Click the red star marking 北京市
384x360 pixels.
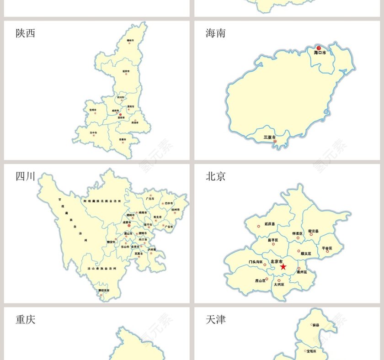click(283, 266)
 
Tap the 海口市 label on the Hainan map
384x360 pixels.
click(320, 53)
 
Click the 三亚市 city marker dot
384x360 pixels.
click(275, 141)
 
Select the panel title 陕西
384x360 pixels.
click(25, 33)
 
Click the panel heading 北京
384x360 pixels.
click(215, 177)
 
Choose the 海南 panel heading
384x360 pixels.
click(215, 33)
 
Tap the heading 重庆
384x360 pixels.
click(25, 320)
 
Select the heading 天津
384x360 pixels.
click(215, 320)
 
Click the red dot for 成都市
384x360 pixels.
click(129, 226)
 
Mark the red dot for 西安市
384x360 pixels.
click(121, 115)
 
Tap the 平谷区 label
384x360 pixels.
click(327, 248)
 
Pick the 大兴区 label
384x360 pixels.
click(279, 284)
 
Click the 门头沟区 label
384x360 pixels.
click(256, 262)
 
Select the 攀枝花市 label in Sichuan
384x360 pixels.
click(104, 290)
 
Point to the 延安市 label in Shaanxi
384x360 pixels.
click(126, 71)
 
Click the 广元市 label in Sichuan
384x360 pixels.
click(149, 199)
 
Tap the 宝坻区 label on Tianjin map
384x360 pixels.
click(311, 351)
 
